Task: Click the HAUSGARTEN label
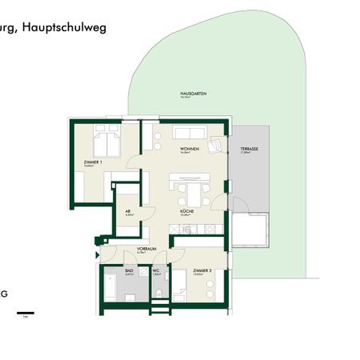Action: tap(194, 94)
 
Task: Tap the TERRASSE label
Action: tap(238, 150)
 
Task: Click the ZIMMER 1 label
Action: tap(94, 162)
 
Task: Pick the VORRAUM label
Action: tap(145, 249)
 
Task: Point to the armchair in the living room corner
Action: tap(214, 146)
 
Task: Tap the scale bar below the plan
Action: tap(26, 311)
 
